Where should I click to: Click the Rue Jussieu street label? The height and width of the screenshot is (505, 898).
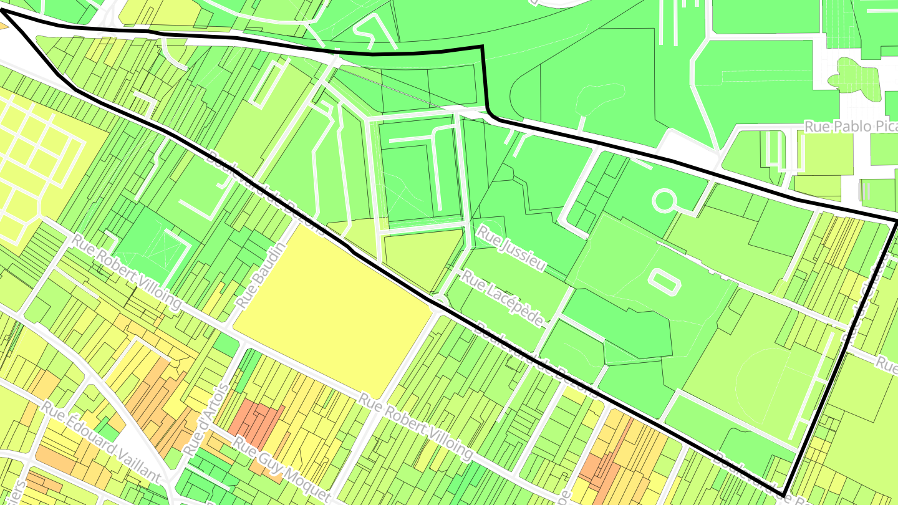tap(511, 248)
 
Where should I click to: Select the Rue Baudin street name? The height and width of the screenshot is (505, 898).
tap(261, 274)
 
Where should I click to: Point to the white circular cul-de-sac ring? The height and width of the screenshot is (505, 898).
tap(664, 201)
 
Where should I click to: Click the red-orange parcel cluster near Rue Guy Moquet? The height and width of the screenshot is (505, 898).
tap(256, 421)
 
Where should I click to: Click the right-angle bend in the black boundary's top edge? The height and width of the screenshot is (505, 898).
tap(483, 47)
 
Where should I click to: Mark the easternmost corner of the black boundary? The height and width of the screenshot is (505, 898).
tap(896, 222)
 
